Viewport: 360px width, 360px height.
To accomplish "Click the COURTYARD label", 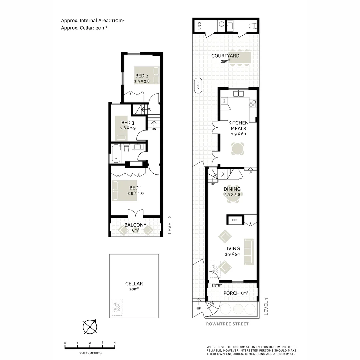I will (x=225, y=56).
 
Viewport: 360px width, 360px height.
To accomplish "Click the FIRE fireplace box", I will (x=235, y=220).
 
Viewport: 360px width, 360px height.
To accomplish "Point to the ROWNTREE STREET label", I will (x=227, y=324).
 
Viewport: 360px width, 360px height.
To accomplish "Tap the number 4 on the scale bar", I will (x=115, y=343).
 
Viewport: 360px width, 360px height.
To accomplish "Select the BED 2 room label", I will (x=142, y=76).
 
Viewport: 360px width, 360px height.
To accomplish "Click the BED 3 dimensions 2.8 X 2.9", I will (x=128, y=128).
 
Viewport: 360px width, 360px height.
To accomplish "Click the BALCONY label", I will (x=135, y=225).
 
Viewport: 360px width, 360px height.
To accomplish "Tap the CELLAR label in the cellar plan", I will (x=134, y=284).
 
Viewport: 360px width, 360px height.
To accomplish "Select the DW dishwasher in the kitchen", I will (x=225, y=101).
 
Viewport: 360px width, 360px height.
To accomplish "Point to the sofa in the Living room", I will (x=249, y=252).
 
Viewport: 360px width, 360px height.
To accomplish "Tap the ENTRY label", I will (x=217, y=286).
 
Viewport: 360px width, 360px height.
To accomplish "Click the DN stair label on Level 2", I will (x=154, y=129).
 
